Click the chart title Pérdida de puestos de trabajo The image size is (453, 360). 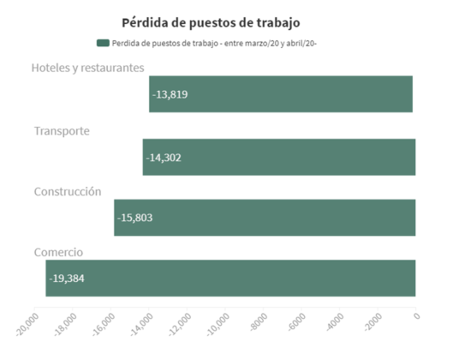tap(211, 23)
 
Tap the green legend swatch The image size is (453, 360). tap(103, 43)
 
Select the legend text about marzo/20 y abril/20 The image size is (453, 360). tap(214, 44)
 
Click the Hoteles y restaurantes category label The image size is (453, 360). tap(88, 68)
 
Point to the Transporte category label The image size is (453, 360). tap(62, 131)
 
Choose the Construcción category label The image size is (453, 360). tap(68, 191)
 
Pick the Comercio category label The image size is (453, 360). tap(58, 252)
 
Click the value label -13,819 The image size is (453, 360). tap(170, 94)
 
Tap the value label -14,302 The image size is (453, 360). tap(164, 158)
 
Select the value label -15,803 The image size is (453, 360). tap(135, 218)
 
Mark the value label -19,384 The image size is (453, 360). tap(67, 279)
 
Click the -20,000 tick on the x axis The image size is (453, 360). tap(27, 325)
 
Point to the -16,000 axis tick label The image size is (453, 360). tap(104, 325)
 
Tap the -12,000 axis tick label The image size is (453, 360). tap(180, 325)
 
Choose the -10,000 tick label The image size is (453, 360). tap(218, 325)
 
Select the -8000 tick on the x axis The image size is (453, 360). tap(259, 321)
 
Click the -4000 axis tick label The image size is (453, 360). tap(335, 321)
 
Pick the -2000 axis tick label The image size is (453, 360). tap(373, 321)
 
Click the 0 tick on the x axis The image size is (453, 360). tap(416, 315)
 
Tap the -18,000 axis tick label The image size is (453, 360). tap(66, 325)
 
